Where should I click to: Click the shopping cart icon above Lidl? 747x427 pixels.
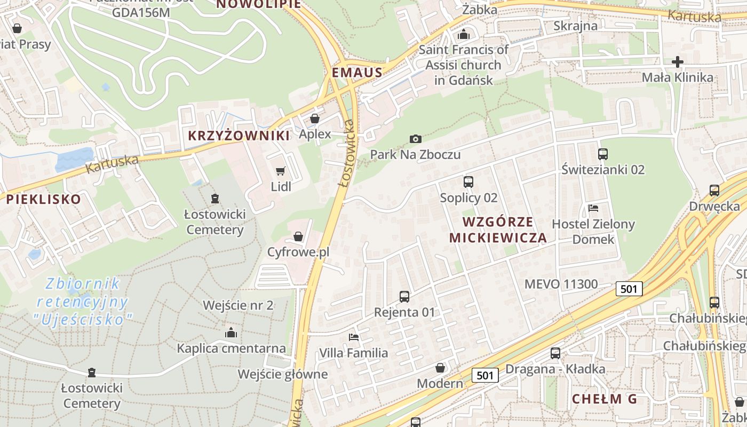[x=280, y=171]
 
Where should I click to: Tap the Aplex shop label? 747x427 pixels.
[x=315, y=134]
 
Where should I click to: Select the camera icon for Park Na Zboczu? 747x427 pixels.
[x=416, y=139]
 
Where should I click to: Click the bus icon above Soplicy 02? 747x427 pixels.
[x=468, y=182]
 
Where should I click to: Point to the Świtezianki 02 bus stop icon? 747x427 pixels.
[x=603, y=154]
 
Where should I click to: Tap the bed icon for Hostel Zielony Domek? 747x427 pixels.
[x=593, y=208]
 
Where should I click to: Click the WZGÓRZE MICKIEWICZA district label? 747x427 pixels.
[x=498, y=230]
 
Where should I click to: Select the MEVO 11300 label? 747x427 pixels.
[x=561, y=284]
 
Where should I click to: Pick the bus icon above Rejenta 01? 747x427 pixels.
[x=404, y=296]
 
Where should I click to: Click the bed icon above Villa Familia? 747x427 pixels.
[x=353, y=337]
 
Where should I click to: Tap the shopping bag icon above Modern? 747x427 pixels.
[x=440, y=368]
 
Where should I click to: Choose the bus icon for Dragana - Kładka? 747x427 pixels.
[x=555, y=353]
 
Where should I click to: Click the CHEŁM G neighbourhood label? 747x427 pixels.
[x=605, y=399]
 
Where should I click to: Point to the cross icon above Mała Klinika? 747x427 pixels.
[x=678, y=62]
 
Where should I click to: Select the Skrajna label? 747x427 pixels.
[x=575, y=26]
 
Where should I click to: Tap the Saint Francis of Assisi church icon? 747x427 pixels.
[x=464, y=34]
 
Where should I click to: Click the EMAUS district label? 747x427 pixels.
[x=357, y=73]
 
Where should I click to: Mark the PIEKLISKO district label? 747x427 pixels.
[x=44, y=200]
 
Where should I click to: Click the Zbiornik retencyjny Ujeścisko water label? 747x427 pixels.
[x=82, y=302]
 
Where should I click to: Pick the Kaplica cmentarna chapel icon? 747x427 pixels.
[x=231, y=333]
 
